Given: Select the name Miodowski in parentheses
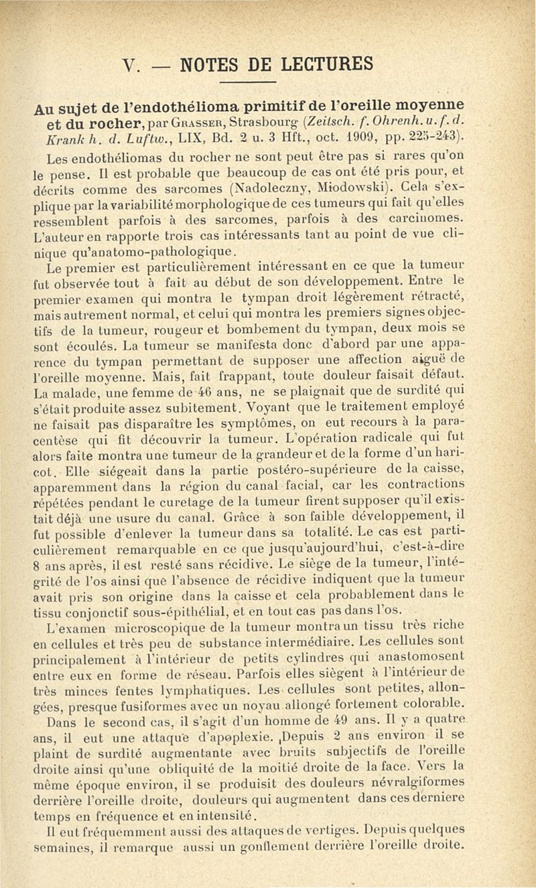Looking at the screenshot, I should pyautogui.click(x=347, y=188).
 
